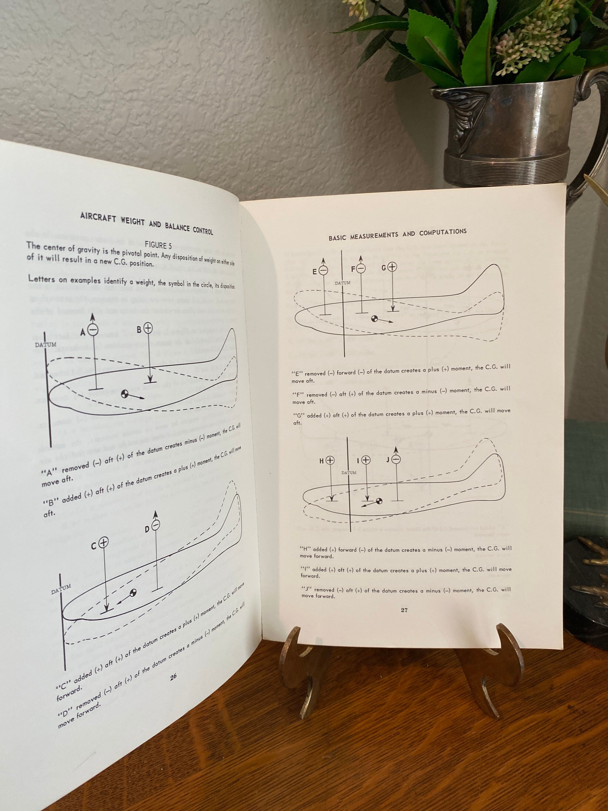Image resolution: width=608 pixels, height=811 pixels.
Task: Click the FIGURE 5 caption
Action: pyautogui.click(x=158, y=245)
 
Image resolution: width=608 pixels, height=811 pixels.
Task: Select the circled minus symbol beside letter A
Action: pyautogui.click(x=93, y=330)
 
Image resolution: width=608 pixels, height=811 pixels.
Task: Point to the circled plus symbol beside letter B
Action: pyautogui.click(x=148, y=328)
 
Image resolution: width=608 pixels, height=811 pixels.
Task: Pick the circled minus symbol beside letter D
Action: pyautogui.click(x=156, y=525)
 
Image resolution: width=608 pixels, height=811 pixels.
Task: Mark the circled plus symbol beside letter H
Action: pyautogui.click(x=330, y=460)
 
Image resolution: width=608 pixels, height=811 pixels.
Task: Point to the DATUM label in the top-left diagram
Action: pyautogui.click(x=45, y=345)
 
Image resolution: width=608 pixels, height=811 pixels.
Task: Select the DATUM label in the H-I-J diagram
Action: pyautogui.click(x=349, y=473)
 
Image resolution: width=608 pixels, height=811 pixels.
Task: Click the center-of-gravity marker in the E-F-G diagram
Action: pyautogui.click(x=374, y=319)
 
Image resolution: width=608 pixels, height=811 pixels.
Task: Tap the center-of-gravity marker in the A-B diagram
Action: pyautogui.click(x=125, y=394)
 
